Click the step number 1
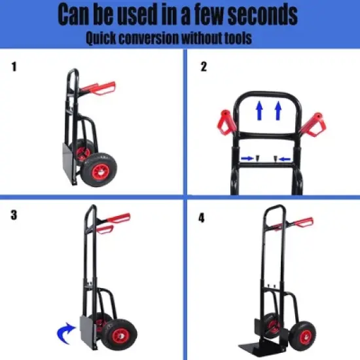point(15,66)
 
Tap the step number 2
point(204,66)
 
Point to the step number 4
point(202,217)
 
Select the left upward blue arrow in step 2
point(260,111)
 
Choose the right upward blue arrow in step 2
point(279,111)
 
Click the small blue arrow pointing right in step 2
point(247,158)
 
